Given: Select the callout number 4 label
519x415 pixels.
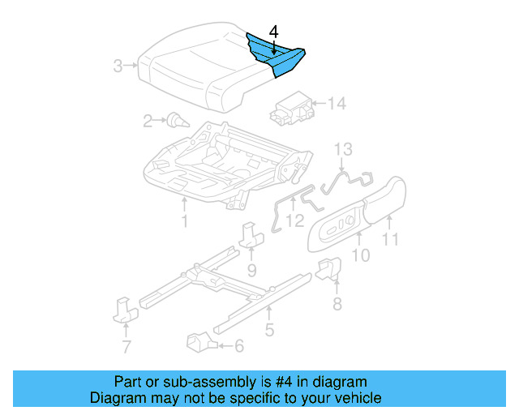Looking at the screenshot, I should [x=274, y=32].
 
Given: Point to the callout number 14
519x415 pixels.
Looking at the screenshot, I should [x=337, y=104].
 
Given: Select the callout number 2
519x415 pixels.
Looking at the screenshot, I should [x=148, y=122].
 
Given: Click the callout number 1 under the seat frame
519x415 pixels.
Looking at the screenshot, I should [x=185, y=220].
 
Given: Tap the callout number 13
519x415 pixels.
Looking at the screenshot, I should [x=343, y=149].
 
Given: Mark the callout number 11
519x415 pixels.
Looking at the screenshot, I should [x=392, y=239].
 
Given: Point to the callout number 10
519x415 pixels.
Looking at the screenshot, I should [x=361, y=255].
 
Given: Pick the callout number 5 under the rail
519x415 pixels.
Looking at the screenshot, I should [x=269, y=330].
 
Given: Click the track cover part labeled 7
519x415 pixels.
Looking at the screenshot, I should [x=125, y=309].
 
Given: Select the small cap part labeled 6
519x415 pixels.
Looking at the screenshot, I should [x=200, y=341].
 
